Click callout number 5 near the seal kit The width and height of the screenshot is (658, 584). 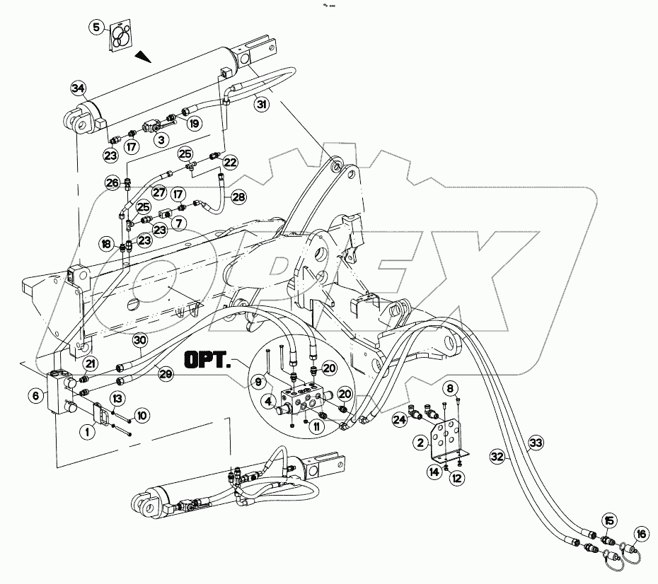(97, 28)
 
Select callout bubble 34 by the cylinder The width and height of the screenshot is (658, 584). (78, 88)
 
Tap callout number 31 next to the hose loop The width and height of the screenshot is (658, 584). (262, 105)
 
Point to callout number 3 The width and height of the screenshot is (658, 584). (162, 140)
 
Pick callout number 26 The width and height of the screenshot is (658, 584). (112, 183)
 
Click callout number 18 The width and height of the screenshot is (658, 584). (105, 244)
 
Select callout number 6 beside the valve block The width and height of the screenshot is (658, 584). (35, 397)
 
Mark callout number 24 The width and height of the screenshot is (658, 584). (399, 420)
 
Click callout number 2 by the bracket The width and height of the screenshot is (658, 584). (421, 443)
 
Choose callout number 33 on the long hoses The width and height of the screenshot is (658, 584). (536, 443)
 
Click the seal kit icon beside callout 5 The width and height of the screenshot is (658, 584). (122, 35)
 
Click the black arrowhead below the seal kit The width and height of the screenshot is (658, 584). (144, 56)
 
